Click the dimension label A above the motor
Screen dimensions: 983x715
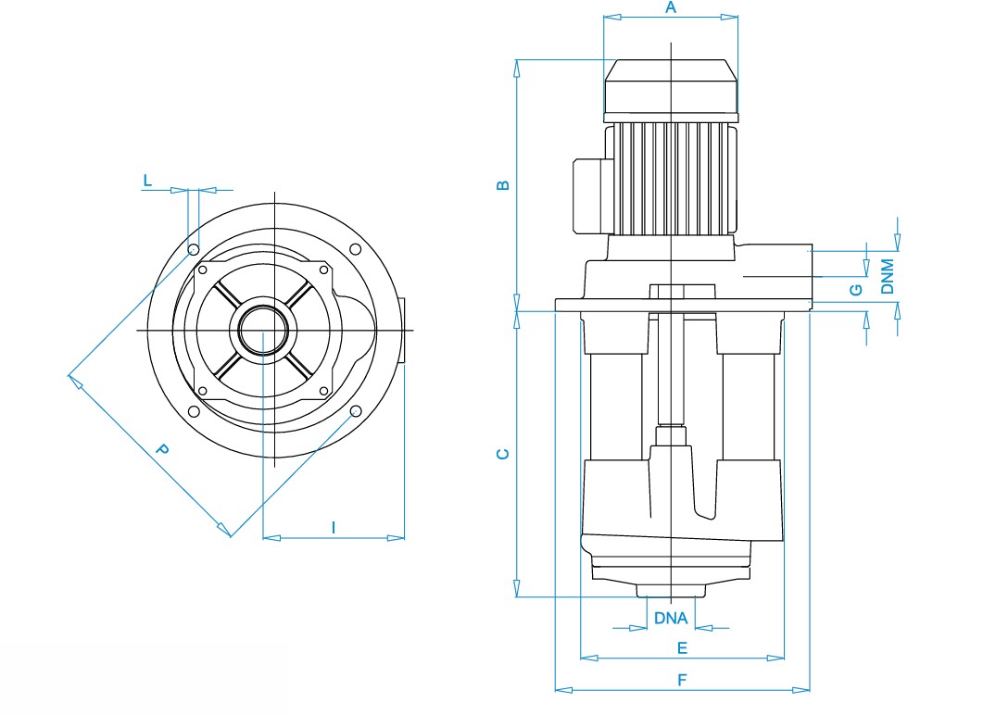671,7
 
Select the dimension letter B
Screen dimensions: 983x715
503,185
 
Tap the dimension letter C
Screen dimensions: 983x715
503,454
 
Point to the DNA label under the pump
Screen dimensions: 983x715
671,618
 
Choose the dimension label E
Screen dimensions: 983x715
683,648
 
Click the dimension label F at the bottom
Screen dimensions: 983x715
683,680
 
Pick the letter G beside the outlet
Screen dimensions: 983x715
856,290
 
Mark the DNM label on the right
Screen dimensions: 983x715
888,276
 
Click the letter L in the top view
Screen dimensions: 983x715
148,181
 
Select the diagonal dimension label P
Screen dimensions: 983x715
162,449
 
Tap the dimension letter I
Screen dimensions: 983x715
334,528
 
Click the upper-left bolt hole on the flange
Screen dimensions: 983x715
194,249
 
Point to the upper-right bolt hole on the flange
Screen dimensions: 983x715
356,249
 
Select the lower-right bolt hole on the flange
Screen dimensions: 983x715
356,411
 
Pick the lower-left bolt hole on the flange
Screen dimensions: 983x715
194,412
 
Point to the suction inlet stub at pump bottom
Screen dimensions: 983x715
671,590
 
